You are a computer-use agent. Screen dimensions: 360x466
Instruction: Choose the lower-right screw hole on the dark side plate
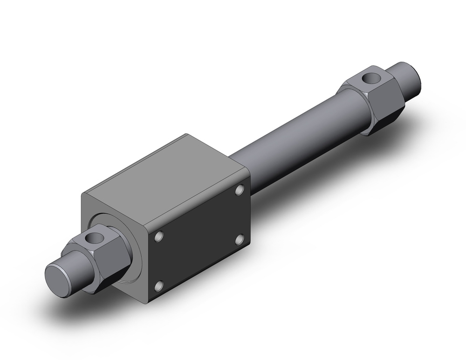tap(240, 240)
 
